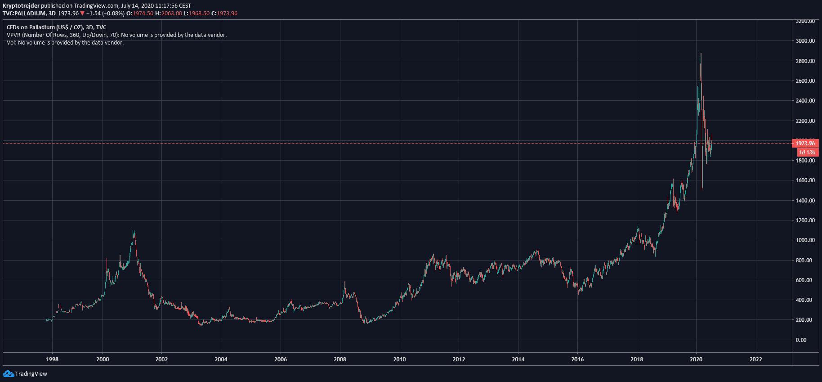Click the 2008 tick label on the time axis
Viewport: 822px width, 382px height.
(340, 359)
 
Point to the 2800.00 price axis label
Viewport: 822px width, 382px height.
(805, 61)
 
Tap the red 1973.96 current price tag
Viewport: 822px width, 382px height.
(805, 144)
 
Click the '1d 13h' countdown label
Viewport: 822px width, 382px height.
(807, 153)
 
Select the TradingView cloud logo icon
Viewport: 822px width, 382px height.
(8, 374)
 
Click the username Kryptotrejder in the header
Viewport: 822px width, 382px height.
(21, 6)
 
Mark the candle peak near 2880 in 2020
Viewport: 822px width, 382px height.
(701, 54)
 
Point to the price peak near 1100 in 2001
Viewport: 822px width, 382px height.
(134, 231)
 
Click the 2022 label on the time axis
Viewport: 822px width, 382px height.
(756, 359)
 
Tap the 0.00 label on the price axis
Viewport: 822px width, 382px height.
(801, 340)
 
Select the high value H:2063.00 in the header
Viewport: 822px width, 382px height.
(169, 13)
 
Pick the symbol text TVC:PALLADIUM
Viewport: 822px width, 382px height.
(24, 13)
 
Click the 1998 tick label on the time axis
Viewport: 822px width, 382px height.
(52, 359)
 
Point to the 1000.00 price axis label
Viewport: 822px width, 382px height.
(805, 240)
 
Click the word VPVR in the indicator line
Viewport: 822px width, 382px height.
(13, 35)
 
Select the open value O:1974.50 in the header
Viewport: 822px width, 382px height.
(140, 13)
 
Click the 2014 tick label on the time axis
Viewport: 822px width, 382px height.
(518, 359)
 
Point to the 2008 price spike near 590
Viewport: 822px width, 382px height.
(345, 282)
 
